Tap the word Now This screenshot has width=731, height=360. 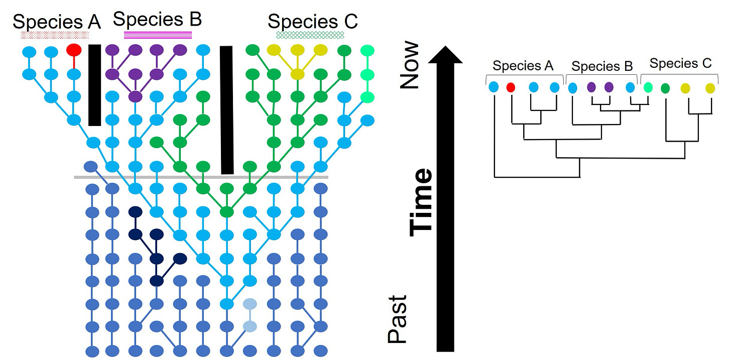click(410, 65)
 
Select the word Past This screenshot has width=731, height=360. click(398, 319)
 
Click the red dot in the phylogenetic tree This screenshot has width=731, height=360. click(511, 87)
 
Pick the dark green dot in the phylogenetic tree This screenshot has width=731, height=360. click(666, 88)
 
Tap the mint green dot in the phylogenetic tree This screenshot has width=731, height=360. click(648, 87)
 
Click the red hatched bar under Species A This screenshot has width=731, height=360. click(55, 35)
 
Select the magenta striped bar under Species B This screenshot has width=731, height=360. click(158, 35)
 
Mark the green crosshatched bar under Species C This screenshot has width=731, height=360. click(310, 35)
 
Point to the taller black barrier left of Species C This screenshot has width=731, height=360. click(227, 110)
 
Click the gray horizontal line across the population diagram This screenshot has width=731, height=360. click(201, 177)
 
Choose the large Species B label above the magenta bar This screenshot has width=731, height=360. click(157, 19)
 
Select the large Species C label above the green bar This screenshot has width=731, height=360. click(312, 22)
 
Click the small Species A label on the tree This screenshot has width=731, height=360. click(523, 66)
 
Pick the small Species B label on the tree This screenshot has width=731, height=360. click(602, 66)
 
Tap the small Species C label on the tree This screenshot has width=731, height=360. click(680, 64)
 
